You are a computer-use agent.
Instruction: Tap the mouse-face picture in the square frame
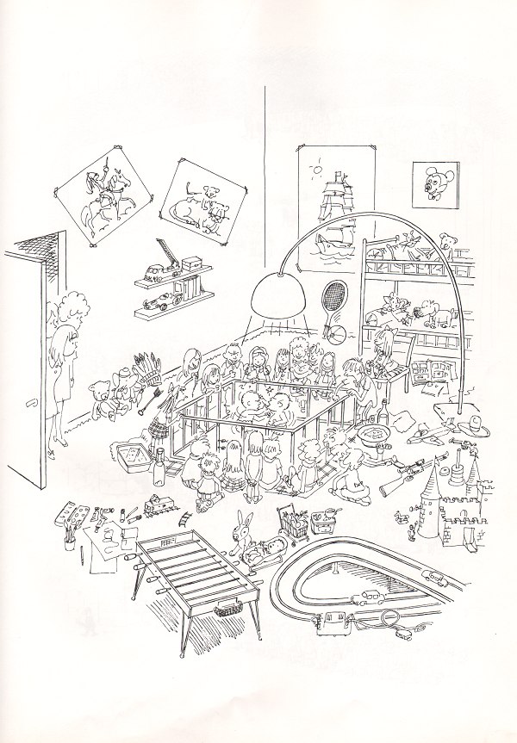(433, 184)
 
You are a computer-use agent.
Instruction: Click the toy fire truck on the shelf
(170, 263)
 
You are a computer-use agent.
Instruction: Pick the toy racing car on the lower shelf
(154, 304)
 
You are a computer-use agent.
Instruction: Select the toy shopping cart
(293, 522)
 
